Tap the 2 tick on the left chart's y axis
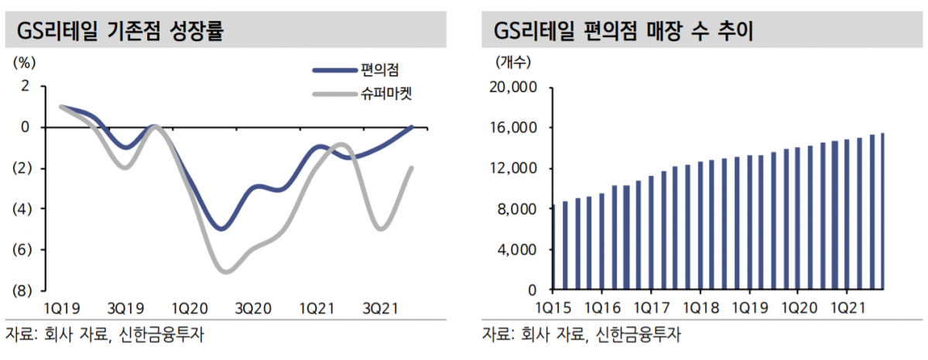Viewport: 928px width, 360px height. point(25,86)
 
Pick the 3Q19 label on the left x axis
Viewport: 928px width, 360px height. point(125,309)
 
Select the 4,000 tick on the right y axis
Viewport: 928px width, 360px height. point(517,250)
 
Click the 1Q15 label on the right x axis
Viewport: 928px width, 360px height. point(553,309)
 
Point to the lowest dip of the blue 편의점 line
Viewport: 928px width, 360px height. point(222,228)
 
